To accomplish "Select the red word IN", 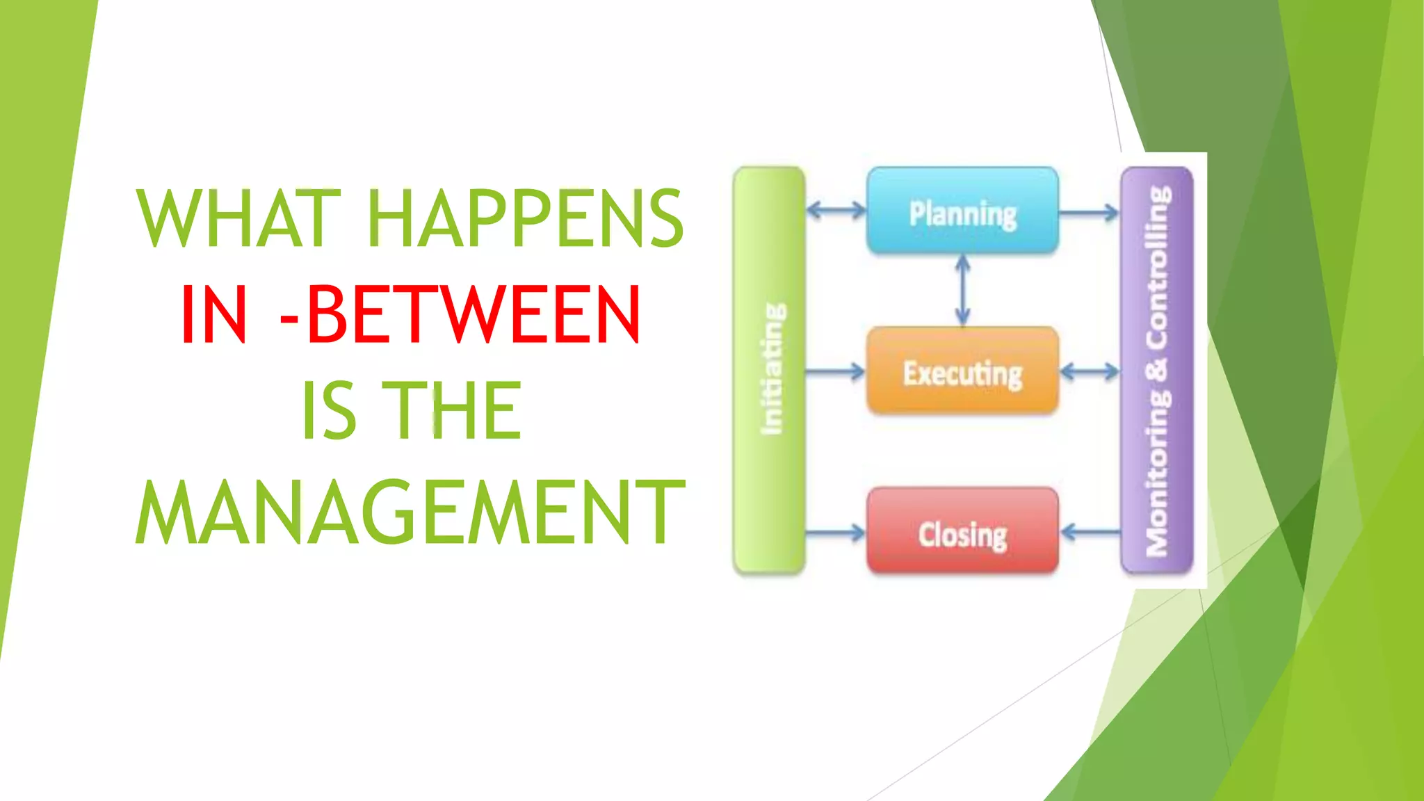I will pyautogui.click(x=213, y=315).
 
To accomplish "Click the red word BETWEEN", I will pyautogui.click(x=473, y=315).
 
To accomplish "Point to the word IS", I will pyautogui.click(x=329, y=411).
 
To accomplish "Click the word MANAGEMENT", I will pyautogui.click(x=410, y=512).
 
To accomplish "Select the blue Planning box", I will pyautogui.click(x=962, y=211).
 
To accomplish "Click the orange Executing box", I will pyautogui.click(x=962, y=372).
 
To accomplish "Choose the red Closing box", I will pyautogui.click(x=962, y=533).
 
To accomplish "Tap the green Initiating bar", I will pyautogui.click(x=770, y=371).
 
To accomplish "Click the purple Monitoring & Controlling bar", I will pyautogui.click(x=1157, y=371).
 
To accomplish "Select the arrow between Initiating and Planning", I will pyautogui.click(x=836, y=209).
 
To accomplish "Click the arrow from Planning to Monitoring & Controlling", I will pyautogui.click(x=1090, y=211).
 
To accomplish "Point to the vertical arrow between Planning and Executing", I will pyautogui.click(x=963, y=290).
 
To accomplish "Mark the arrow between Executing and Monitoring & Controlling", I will pyautogui.click(x=1090, y=372).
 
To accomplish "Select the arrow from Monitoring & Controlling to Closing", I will pyautogui.click(x=1090, y=533).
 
